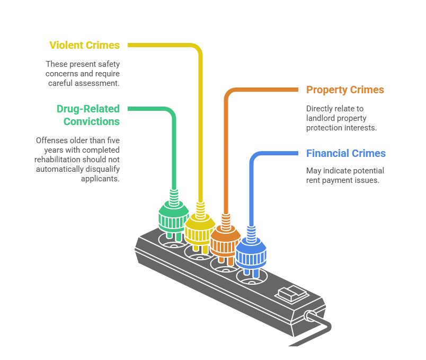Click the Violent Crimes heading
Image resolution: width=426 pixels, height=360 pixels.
(x=85, y=46)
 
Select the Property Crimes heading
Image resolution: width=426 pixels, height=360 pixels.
(x=345, y=90)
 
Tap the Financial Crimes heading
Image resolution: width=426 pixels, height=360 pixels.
(x=346, y=154)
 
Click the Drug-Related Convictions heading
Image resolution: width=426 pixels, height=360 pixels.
(x=88, y=115)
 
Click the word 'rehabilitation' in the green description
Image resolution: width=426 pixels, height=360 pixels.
(x=58, y=160)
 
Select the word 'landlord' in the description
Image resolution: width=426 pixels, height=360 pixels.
(x=321, y=118)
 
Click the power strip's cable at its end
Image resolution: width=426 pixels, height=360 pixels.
(x=289, y=345)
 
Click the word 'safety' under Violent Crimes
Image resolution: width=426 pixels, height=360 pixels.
(x=109, y=64)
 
